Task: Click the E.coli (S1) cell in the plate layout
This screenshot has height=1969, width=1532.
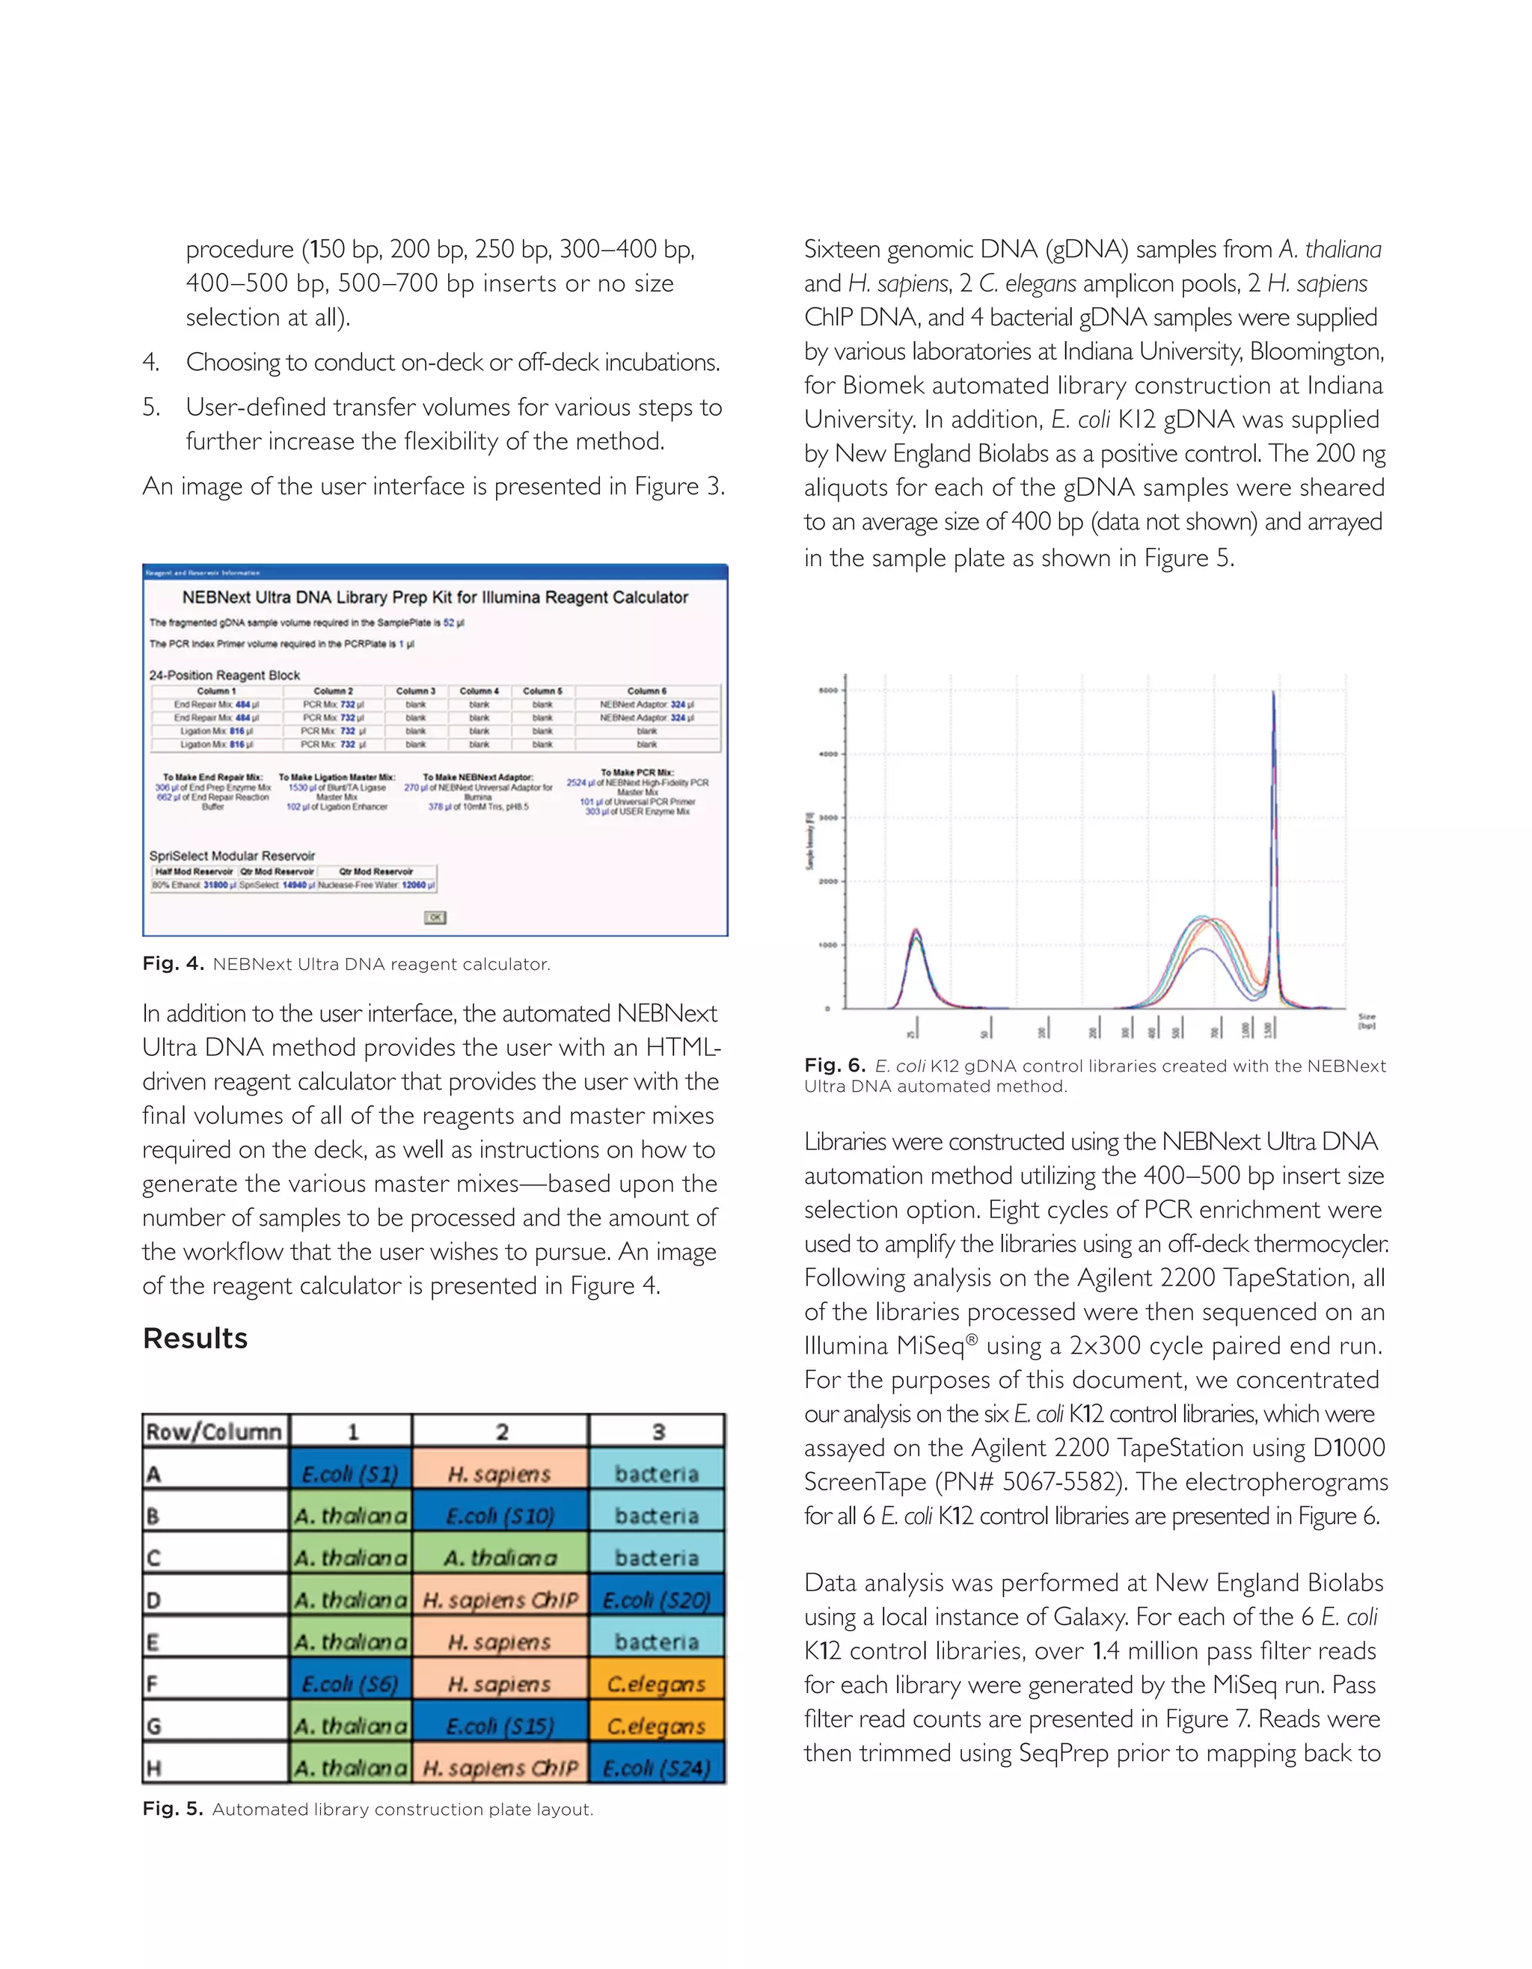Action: tap(350, 1474)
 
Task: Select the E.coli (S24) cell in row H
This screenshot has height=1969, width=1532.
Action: tap(657, 1768)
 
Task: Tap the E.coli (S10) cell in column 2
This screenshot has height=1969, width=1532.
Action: tap(500, 1517)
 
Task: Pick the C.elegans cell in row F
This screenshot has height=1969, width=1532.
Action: tap(657, 1684)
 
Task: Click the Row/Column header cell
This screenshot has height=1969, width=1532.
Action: tap(215, 1431)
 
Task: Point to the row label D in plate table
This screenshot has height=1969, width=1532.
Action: tap(154, 1600)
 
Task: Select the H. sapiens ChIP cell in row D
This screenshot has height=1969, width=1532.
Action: tap(500, 1600)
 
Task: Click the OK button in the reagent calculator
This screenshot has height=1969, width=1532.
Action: tap(435, 917)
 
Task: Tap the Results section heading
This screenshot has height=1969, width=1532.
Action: tap(194, 1338)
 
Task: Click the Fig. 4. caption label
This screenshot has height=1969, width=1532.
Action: tap(173, 964)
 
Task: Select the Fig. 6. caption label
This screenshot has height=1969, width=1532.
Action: tap(835, 1066)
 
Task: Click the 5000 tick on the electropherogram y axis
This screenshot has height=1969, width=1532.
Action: tap(828, 690)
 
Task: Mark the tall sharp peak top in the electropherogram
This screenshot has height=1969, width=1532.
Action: tap(1273, 692)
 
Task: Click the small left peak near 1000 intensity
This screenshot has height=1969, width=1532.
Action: tap(915, 930)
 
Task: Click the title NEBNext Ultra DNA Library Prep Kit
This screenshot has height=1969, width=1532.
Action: tap(435, 597)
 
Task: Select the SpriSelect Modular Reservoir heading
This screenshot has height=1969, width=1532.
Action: tap(232, 856)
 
